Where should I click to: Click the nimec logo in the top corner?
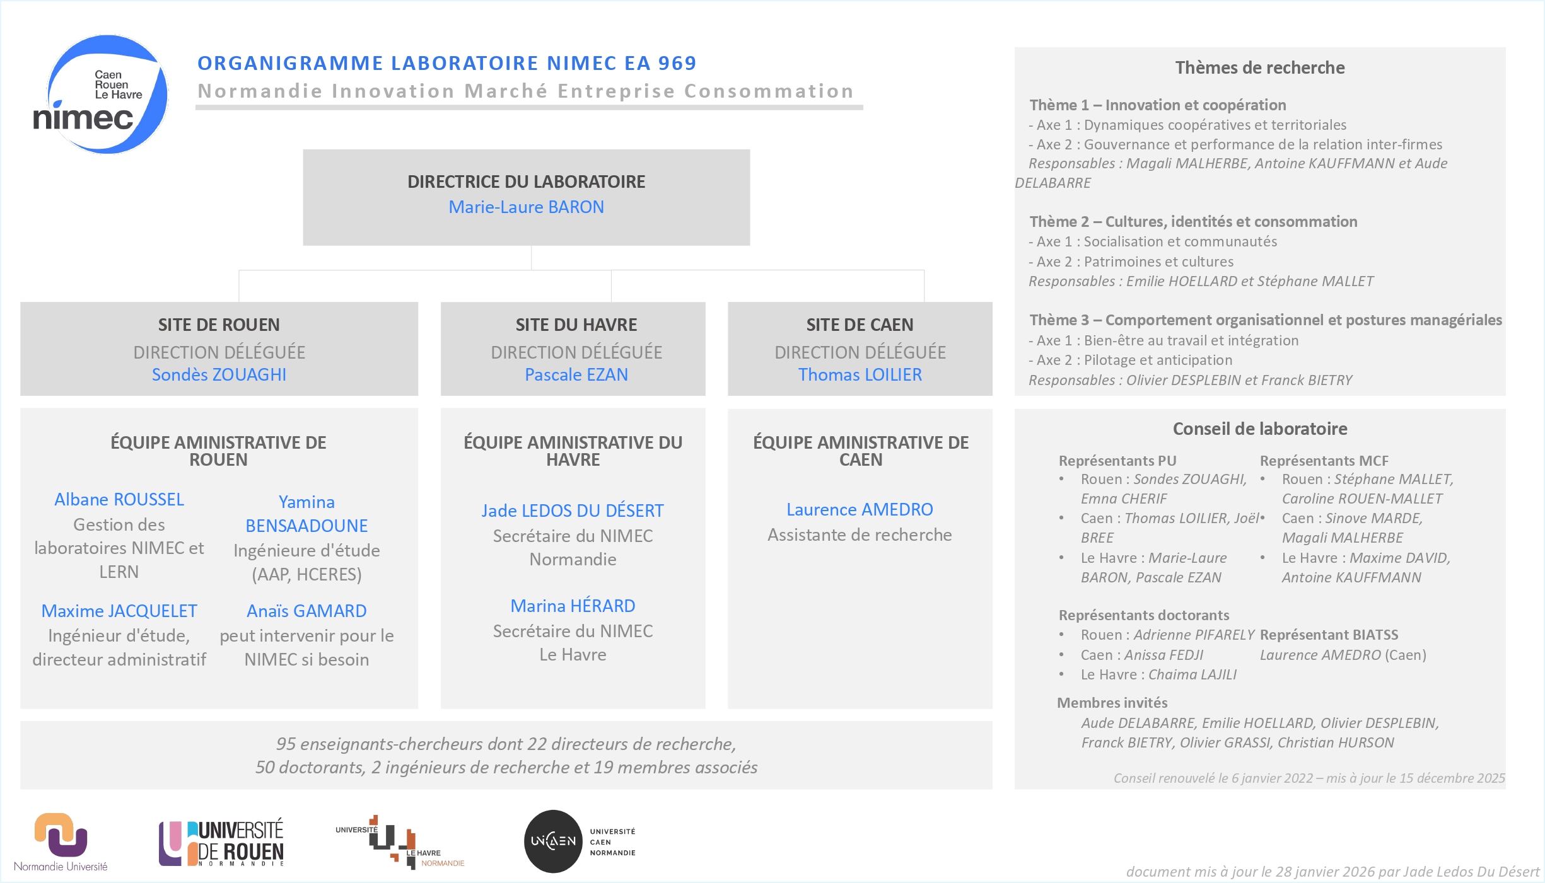click(101, 95)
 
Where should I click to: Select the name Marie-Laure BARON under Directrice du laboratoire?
click(526, 207)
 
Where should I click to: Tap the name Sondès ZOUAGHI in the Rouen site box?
click(219, 374)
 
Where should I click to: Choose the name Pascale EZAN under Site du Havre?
click(576, 374)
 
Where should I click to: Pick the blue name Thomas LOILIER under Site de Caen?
click(860, 374)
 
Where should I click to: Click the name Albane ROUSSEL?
click(119, 499)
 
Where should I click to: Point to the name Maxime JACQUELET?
click(119, 611)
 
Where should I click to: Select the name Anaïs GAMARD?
click(306, 611)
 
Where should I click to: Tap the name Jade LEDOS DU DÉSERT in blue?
click(573, 511)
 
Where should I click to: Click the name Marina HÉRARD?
click(573, 606)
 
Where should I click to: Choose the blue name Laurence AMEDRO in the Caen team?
click(860, 509)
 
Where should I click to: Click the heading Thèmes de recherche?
click(1259, 67)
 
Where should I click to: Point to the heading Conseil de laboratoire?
click(1259, 429)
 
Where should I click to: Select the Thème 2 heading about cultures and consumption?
click(1193, 222)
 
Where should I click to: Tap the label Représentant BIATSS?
click(1329, 635)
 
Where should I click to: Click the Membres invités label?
click(1112, 703)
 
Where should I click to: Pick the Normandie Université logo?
click(61, 841)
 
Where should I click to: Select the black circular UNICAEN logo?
click(553, 841)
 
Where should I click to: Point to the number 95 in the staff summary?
click(286, 744)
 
